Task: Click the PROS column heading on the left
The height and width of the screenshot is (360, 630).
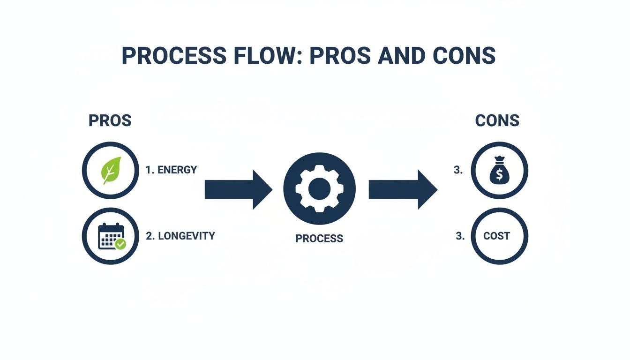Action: tap(110, 121)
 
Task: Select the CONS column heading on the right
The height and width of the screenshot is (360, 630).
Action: tap(497, 121)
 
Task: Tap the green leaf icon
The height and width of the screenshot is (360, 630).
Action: tap(111, 170)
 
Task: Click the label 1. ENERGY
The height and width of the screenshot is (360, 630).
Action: tap(171, 170)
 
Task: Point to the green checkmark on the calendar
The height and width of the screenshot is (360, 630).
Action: tap(120, 244)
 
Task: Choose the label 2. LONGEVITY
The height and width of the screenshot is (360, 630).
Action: tap(180, 236)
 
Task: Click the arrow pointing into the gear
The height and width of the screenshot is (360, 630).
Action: tap(238, 189)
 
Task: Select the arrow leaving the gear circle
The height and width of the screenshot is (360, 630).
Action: tap(403, 189)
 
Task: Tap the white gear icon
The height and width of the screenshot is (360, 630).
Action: tap(319, 188)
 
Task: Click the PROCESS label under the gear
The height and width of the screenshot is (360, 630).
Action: tap(319, 239)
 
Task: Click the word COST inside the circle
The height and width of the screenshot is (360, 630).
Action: tap(496, 236)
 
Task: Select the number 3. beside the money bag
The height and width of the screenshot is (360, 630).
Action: tap(458, 171)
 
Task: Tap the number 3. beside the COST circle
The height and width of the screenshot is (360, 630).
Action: tap(460, 236)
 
